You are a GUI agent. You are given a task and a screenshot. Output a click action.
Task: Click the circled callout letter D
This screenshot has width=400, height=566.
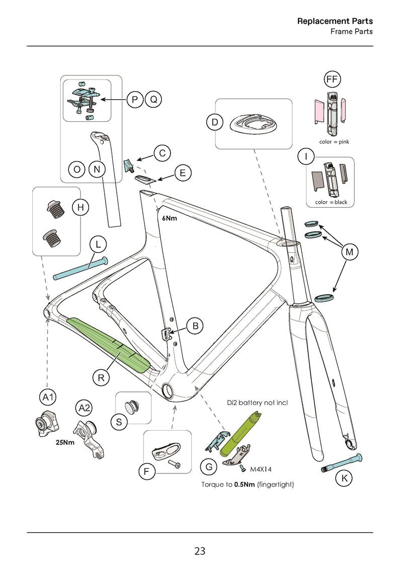tap(215, 122)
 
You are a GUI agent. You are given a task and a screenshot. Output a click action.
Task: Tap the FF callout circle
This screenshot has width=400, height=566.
tap(332, 79)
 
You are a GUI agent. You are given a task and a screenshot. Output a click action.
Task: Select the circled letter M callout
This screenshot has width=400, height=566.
tap(349, 252)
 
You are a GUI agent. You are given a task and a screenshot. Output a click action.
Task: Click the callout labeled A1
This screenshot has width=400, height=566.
tap(48, 397)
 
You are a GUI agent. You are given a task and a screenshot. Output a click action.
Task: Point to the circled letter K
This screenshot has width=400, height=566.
tap(344, 478)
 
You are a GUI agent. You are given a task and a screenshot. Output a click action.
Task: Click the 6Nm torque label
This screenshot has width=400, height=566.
tap(169, 219)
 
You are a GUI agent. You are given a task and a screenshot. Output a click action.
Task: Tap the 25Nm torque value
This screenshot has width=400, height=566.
tap(65, 443)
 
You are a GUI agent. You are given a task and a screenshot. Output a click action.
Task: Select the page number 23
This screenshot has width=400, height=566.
tap(200, 551)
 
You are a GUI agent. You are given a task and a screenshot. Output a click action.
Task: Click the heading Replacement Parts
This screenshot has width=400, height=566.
tap(335, 21)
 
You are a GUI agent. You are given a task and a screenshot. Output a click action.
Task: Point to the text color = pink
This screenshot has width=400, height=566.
tap(334, 142)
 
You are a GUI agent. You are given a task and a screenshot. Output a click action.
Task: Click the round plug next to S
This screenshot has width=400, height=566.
tap(133, 405)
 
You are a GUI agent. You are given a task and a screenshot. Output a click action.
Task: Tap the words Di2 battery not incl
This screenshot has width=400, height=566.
tap(257, 403)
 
